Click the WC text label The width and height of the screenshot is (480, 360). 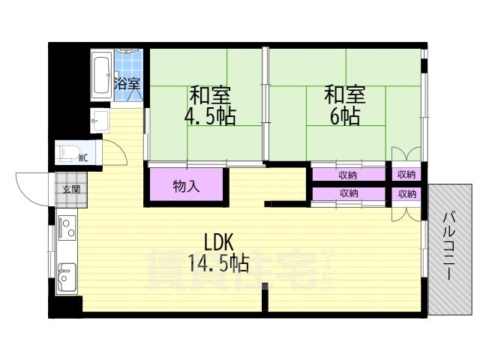pos(83,157)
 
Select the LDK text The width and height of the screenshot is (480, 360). pos(220,241)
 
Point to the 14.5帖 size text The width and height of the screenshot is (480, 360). pos(220,263)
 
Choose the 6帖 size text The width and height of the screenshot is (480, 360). pos(344,116)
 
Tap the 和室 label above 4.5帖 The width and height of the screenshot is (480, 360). pos(210,96)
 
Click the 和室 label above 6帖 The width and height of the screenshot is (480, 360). pos(344,95)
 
